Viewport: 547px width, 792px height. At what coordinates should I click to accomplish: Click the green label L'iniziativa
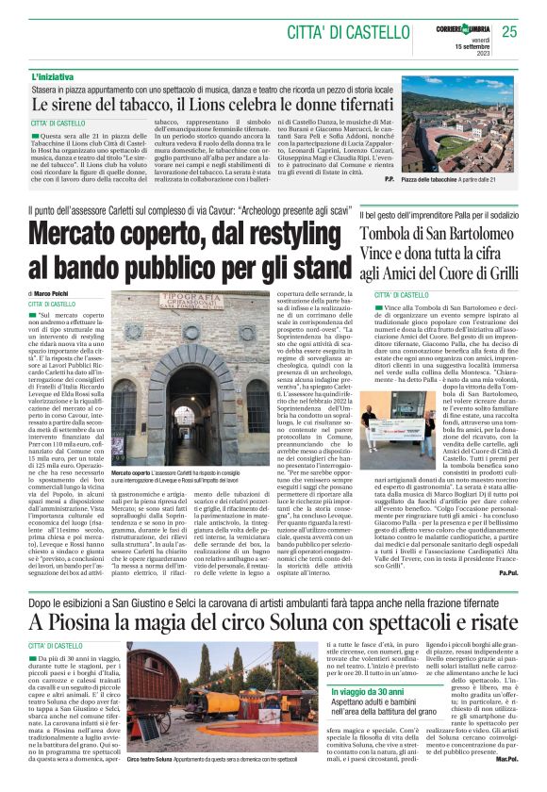(x=55, y=75)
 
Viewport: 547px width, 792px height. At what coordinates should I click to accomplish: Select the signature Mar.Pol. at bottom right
(x=506, y=757)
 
